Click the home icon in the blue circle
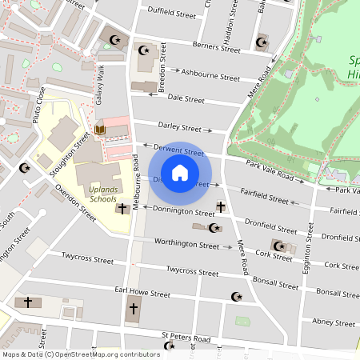(x=180, y=173)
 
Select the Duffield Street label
(x=172, y=11)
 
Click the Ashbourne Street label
(x=210, y=77)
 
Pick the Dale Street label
(x=187, y=98)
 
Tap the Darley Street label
(x=179, y=127)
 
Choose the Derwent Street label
(x=178, y=150)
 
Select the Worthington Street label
(x=186, y=242)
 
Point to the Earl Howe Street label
(x=142, y=292)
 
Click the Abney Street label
(x=334, y=322)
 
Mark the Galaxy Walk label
(x=101, y=82)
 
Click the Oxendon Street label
(x=76, y=202)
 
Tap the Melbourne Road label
(x=137, y=183)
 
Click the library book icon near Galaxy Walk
(x=100, y=130)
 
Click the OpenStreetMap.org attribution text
(x=80, y=354)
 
